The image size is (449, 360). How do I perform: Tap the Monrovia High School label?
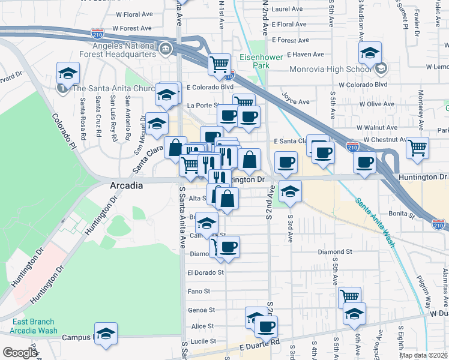coord(331,69)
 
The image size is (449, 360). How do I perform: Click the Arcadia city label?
coord(127,186)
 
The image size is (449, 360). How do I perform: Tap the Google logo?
coord(20,353)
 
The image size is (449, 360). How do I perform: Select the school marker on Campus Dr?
coord(106,334)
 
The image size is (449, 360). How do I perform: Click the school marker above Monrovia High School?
coord(370,53)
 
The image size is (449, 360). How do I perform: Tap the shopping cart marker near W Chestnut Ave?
coord(417,146)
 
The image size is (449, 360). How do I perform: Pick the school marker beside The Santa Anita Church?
coord(68,74)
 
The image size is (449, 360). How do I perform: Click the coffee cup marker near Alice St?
coord(266,326)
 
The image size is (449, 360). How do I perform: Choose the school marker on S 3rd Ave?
coord(290,191)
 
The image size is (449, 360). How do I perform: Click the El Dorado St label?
coord(205,272)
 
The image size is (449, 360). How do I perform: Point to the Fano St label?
coord(199,291)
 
